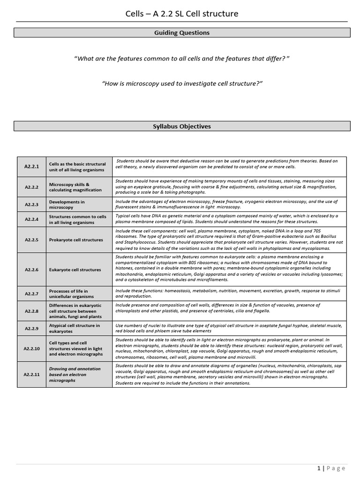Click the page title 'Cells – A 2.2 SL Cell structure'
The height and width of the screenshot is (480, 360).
(182, 14)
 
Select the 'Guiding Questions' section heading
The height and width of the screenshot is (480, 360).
(182, 33)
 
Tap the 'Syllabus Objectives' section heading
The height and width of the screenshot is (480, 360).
(182, 127)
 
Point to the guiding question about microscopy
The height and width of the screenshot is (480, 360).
(182, 83)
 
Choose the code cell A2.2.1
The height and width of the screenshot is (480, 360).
(32, 166)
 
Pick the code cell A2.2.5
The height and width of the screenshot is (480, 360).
(32, 240)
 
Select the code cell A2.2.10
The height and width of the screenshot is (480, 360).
(32, 348)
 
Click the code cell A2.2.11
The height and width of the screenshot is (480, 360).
(32, 375)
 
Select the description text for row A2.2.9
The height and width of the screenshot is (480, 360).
(229, 328)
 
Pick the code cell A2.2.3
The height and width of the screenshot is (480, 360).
(32, 204)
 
